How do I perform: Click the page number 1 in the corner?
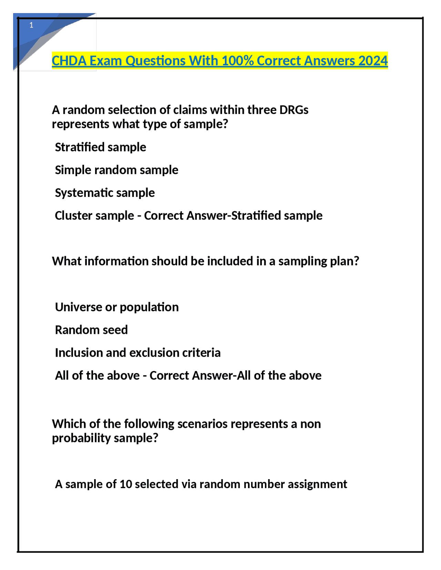click(x=31, y=25)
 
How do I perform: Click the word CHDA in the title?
click(x=69, y=61)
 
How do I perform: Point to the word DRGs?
click(x=294, y=110)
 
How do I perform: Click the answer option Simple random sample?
click(x=116, y=170)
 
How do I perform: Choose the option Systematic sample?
click(x=105, y=193)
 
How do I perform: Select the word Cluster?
click(x=72, y=215)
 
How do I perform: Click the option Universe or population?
click(x=117, y=307)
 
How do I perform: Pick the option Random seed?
click(x=91, y=330)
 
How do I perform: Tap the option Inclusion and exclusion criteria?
click(x=138, y=352)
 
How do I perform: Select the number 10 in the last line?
click(x=126, y=484)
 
